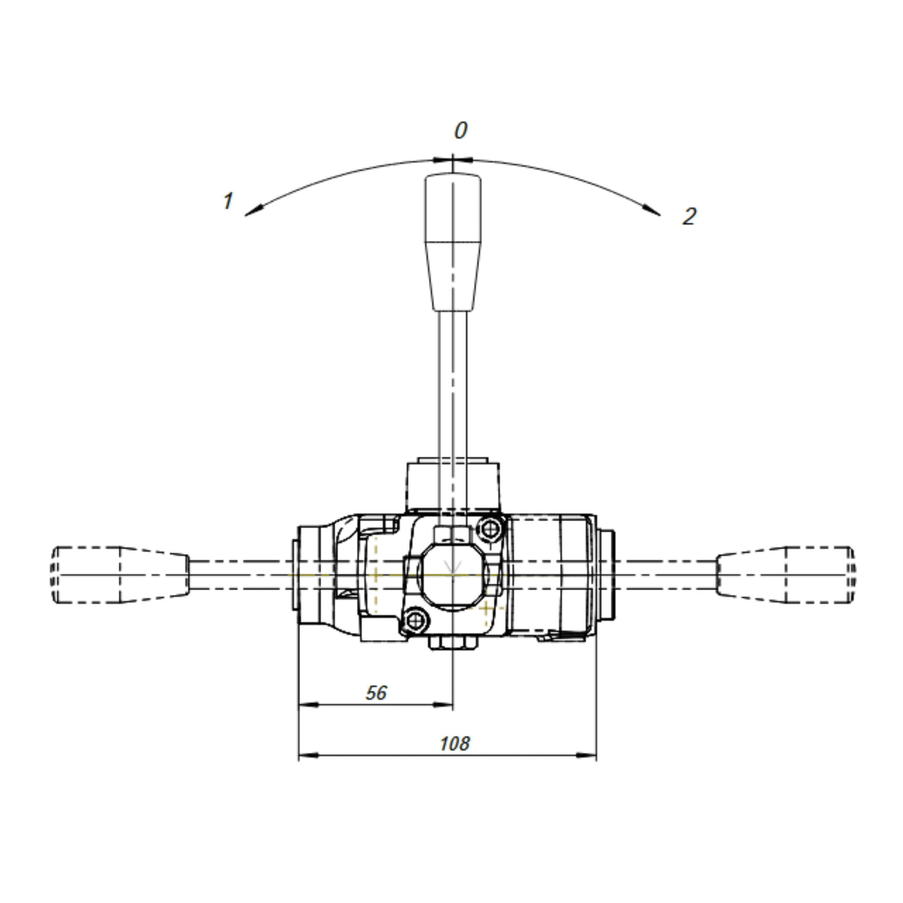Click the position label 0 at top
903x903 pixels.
coord(460,131)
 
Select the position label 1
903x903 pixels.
coord(228,201)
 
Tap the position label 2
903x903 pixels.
coord(689,216)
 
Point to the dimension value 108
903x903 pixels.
coord(454,743)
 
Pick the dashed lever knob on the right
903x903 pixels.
coord(785,574)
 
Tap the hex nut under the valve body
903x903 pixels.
coord(453,643)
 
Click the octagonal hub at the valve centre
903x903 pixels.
coord(453,574)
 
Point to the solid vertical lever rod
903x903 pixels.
coord(453,397)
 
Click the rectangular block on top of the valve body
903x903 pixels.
coord(453,486)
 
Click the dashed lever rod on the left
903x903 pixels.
coord(241,574)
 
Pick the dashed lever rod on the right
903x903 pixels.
coord(666,574)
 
